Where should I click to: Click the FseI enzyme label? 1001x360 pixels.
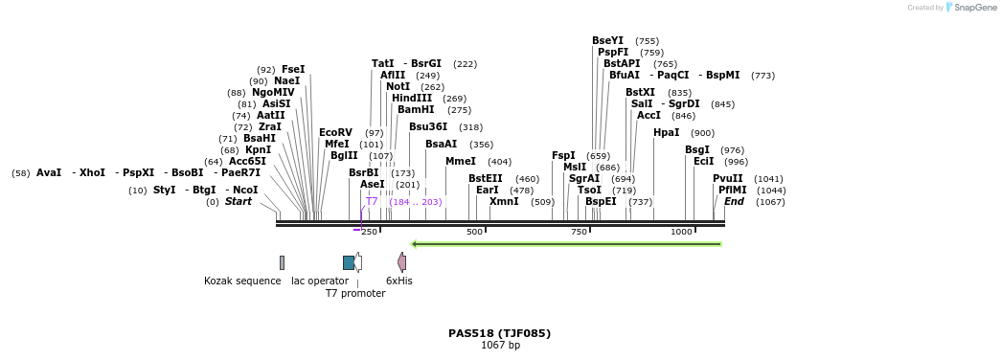293,69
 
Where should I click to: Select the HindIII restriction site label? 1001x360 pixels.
412,98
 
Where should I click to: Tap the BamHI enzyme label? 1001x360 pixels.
416,109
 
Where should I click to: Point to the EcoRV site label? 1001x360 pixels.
335,132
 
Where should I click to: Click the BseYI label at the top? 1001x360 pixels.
607,40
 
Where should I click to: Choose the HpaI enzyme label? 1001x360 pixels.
666,132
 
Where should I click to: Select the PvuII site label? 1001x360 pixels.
727,178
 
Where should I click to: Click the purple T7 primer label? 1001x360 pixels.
372,201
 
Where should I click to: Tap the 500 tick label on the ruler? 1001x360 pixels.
474,232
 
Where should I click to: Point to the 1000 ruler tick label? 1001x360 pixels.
681,232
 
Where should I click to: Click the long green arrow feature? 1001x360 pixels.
565,244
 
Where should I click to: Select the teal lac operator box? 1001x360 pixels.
349,262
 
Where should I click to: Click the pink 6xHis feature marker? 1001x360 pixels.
402,262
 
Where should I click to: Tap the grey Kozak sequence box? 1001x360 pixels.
282,262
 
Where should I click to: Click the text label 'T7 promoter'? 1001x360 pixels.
355,293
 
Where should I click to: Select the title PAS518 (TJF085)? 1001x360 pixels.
499,333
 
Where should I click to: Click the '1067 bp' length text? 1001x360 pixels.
500,345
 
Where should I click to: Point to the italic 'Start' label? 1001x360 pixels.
238,201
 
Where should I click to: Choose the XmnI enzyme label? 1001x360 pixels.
503,201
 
